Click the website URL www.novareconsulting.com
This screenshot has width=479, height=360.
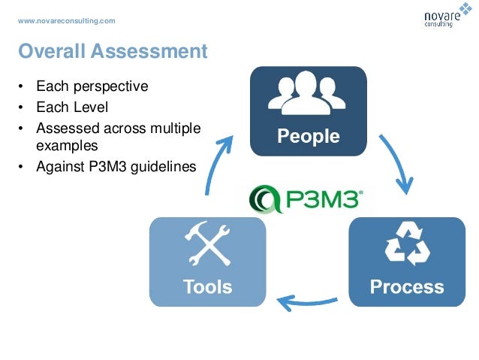pyautogui.click(x=67, y=20)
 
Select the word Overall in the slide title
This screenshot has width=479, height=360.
pyautogui.click(x=52, y=51)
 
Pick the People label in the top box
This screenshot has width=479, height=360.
pyautogui.click(x=308, y=137)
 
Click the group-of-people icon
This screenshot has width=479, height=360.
pyautogui.click(x=308, y=96)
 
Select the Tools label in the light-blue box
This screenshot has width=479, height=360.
pyautogui.click(x=208, y=286)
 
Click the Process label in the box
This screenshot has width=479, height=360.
pyautogui.click(x=407, y=286)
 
